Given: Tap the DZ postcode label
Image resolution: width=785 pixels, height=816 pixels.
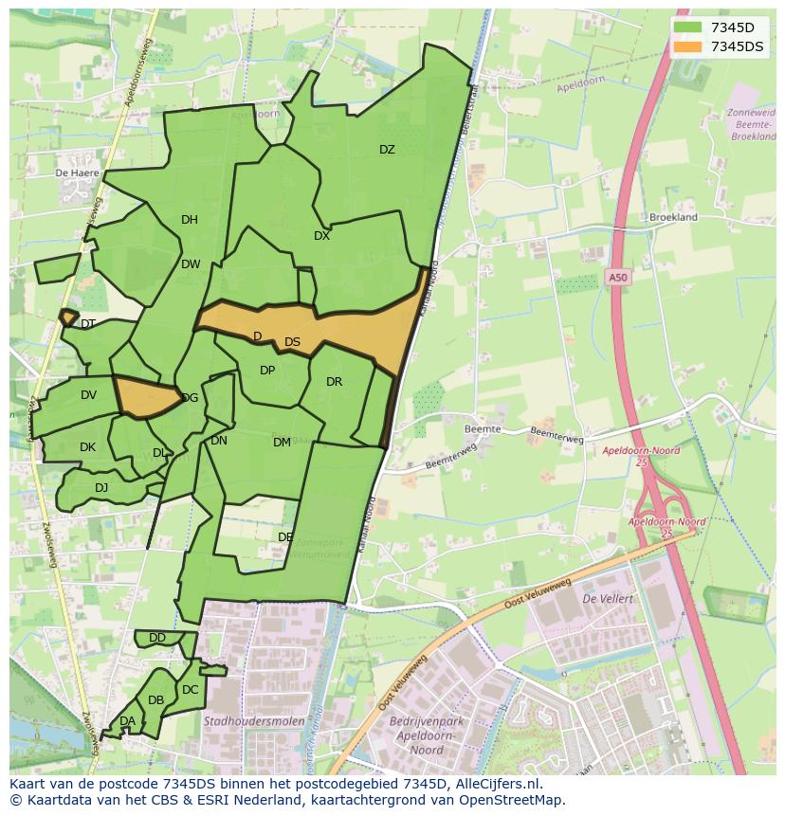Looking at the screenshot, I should [387, 150].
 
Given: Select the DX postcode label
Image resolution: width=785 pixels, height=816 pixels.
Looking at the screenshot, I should [321, 236].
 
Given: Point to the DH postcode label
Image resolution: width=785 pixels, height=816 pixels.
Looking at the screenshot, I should [190, 220].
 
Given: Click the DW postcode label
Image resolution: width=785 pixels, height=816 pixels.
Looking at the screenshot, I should [191, 264].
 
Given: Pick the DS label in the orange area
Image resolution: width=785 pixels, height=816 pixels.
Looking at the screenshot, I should [292, 342].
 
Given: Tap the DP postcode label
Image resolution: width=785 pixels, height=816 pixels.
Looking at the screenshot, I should [267, 371].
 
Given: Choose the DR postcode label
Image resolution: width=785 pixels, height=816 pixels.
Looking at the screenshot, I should [334, 382].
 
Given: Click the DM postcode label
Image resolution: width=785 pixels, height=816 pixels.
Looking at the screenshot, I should [282, 443].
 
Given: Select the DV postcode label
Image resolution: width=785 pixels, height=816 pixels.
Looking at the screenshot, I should [88, 395].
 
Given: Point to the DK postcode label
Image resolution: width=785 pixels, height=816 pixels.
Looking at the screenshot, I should [87, 447].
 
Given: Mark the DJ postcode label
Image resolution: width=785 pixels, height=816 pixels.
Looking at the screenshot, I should [101, 488].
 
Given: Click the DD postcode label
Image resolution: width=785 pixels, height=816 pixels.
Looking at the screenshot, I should [157, 638].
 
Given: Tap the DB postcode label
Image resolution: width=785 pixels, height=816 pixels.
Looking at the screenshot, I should [156, 700].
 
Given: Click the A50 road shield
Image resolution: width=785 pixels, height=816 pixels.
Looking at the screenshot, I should [617, 278].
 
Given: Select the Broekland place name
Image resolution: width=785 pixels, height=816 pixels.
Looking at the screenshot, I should [673, 217].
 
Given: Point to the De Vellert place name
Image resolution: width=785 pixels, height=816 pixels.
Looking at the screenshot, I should [607, 599].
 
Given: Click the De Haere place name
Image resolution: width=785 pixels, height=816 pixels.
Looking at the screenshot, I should [77, 173].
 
